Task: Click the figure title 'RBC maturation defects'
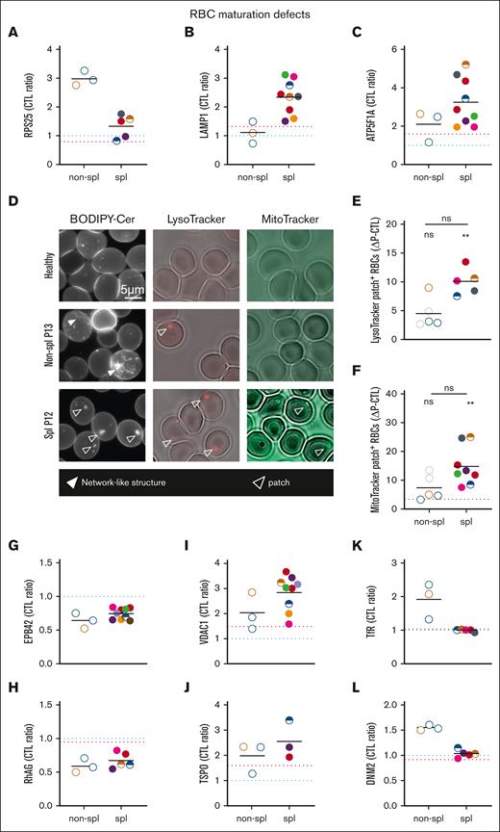(x=249, y=13)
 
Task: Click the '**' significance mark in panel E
(x=465, y=235)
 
